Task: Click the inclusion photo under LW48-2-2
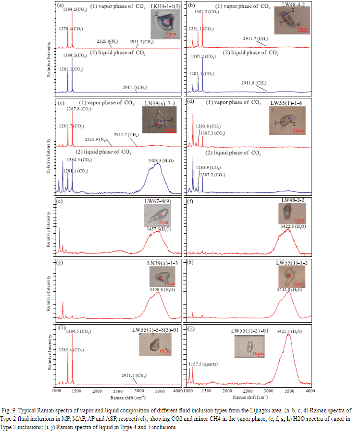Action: tap(287, 214)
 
